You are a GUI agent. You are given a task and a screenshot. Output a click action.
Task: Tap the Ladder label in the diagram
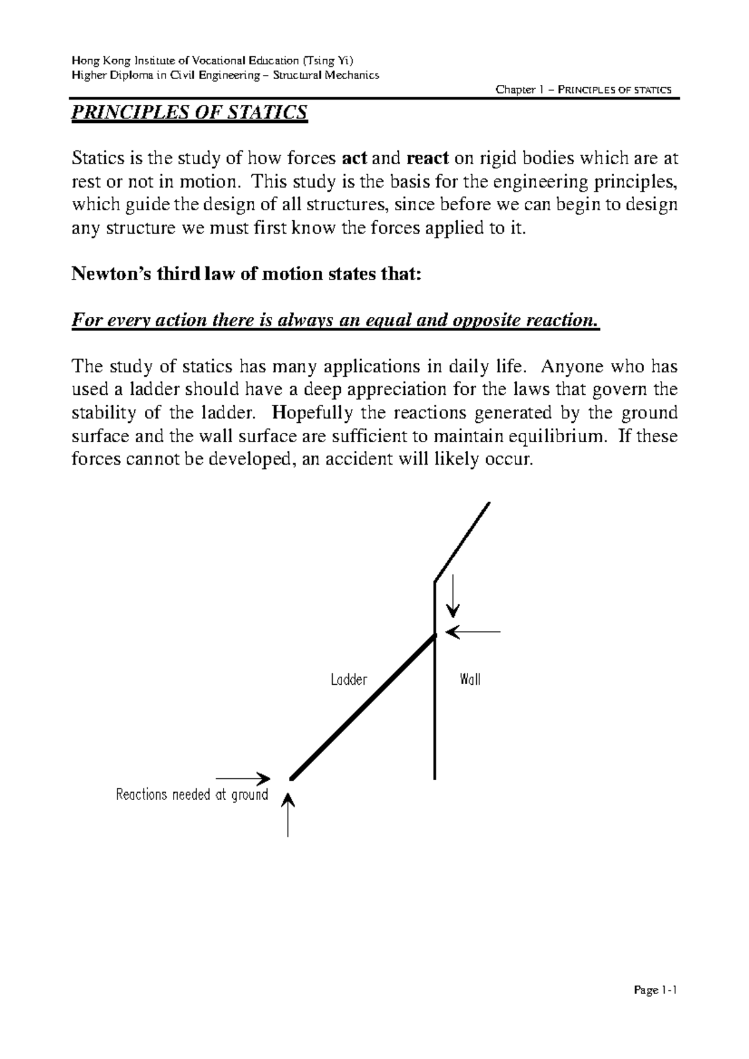click(348, 680)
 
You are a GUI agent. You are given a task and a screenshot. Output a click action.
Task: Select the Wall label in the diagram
click(469, 679)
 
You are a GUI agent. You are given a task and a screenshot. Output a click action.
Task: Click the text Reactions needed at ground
click(192, 795)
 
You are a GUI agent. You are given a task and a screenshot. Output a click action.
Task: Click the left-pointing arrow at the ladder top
click(474, 632)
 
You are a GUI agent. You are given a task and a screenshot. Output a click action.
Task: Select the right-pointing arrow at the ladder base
click(242, 778)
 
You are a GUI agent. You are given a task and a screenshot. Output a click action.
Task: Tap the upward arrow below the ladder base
click(288, 814)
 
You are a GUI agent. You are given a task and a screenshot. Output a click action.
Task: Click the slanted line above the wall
click(462, 541)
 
